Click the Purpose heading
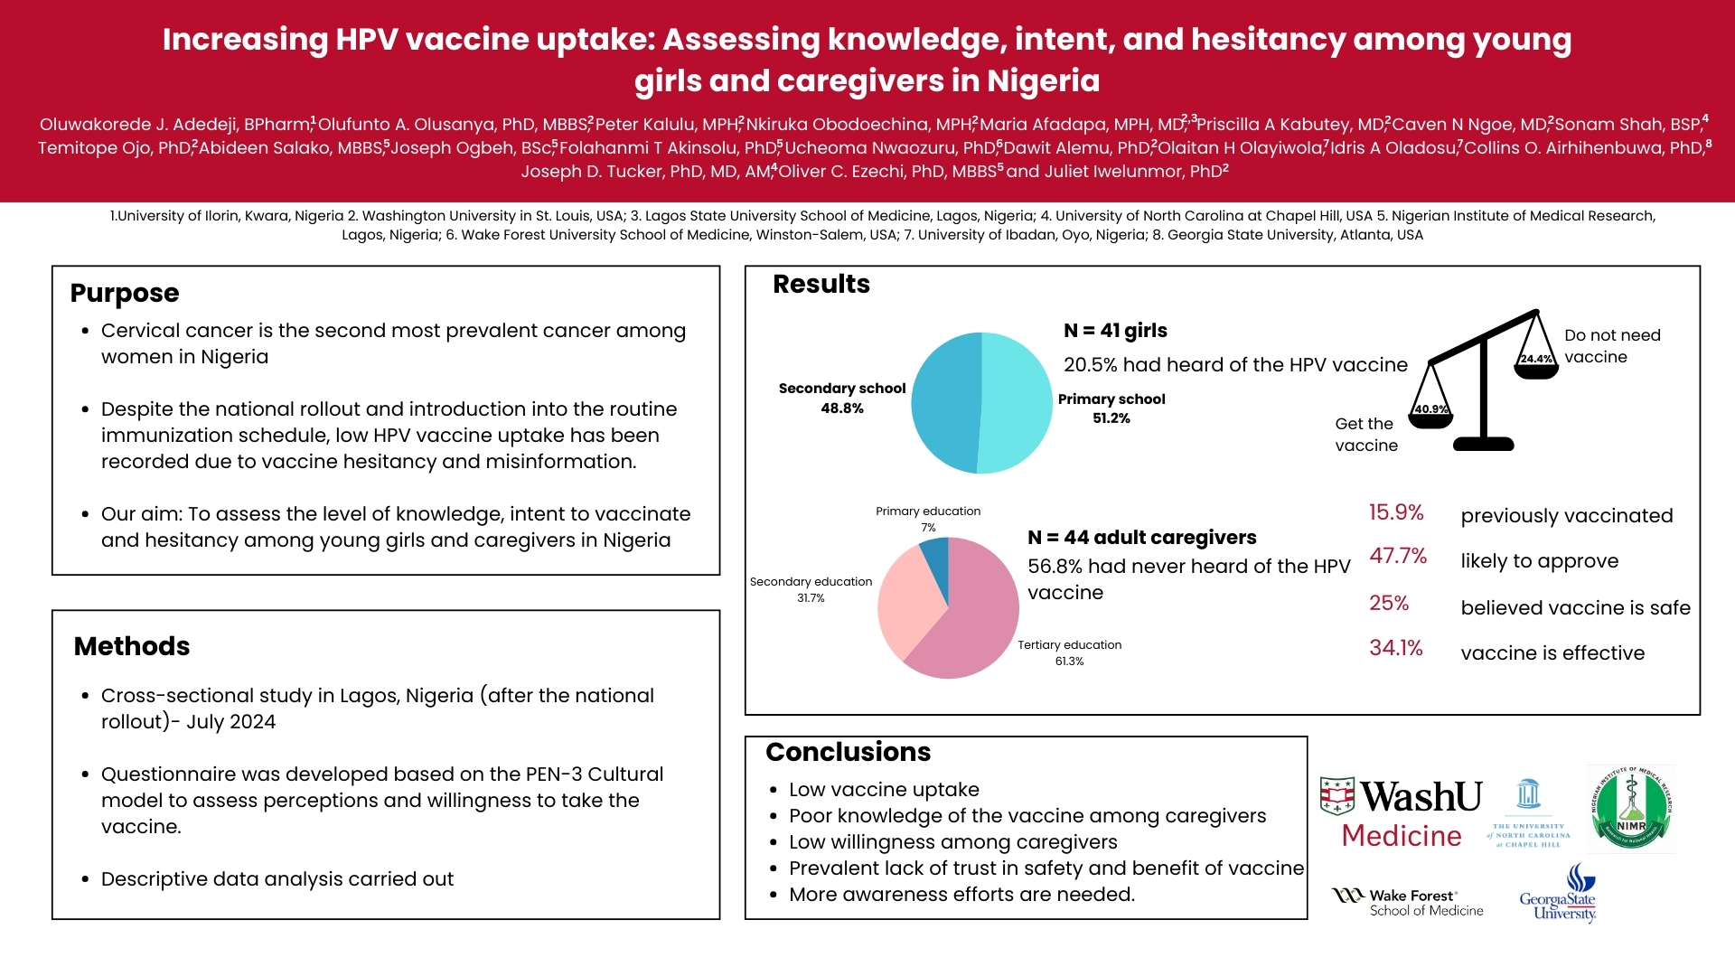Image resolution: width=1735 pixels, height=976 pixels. (125, 293)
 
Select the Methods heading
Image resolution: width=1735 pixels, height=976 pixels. (132, 646)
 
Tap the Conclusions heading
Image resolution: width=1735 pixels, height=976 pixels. (848, 752)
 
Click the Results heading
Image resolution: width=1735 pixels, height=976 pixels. (821, 284)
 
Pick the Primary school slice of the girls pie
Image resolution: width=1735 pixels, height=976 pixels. (1017, 403)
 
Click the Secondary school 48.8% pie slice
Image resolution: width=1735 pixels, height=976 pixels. (944, 403)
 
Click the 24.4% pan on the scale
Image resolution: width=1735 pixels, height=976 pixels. (1536, 363)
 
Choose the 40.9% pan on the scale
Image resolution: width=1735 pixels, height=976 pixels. (1431, 414)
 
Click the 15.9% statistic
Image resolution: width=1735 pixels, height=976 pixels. (1396, 512)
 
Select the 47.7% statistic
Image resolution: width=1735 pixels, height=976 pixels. (1398, 556)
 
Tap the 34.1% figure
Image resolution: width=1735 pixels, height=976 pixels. (1396, 648)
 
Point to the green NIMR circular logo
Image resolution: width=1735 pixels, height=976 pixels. (1631, 809)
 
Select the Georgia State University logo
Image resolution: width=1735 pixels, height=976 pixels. (1559, 895)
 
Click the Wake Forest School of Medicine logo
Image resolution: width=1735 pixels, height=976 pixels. (1408, 902)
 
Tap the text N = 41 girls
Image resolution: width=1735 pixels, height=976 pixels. (1115, 331)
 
